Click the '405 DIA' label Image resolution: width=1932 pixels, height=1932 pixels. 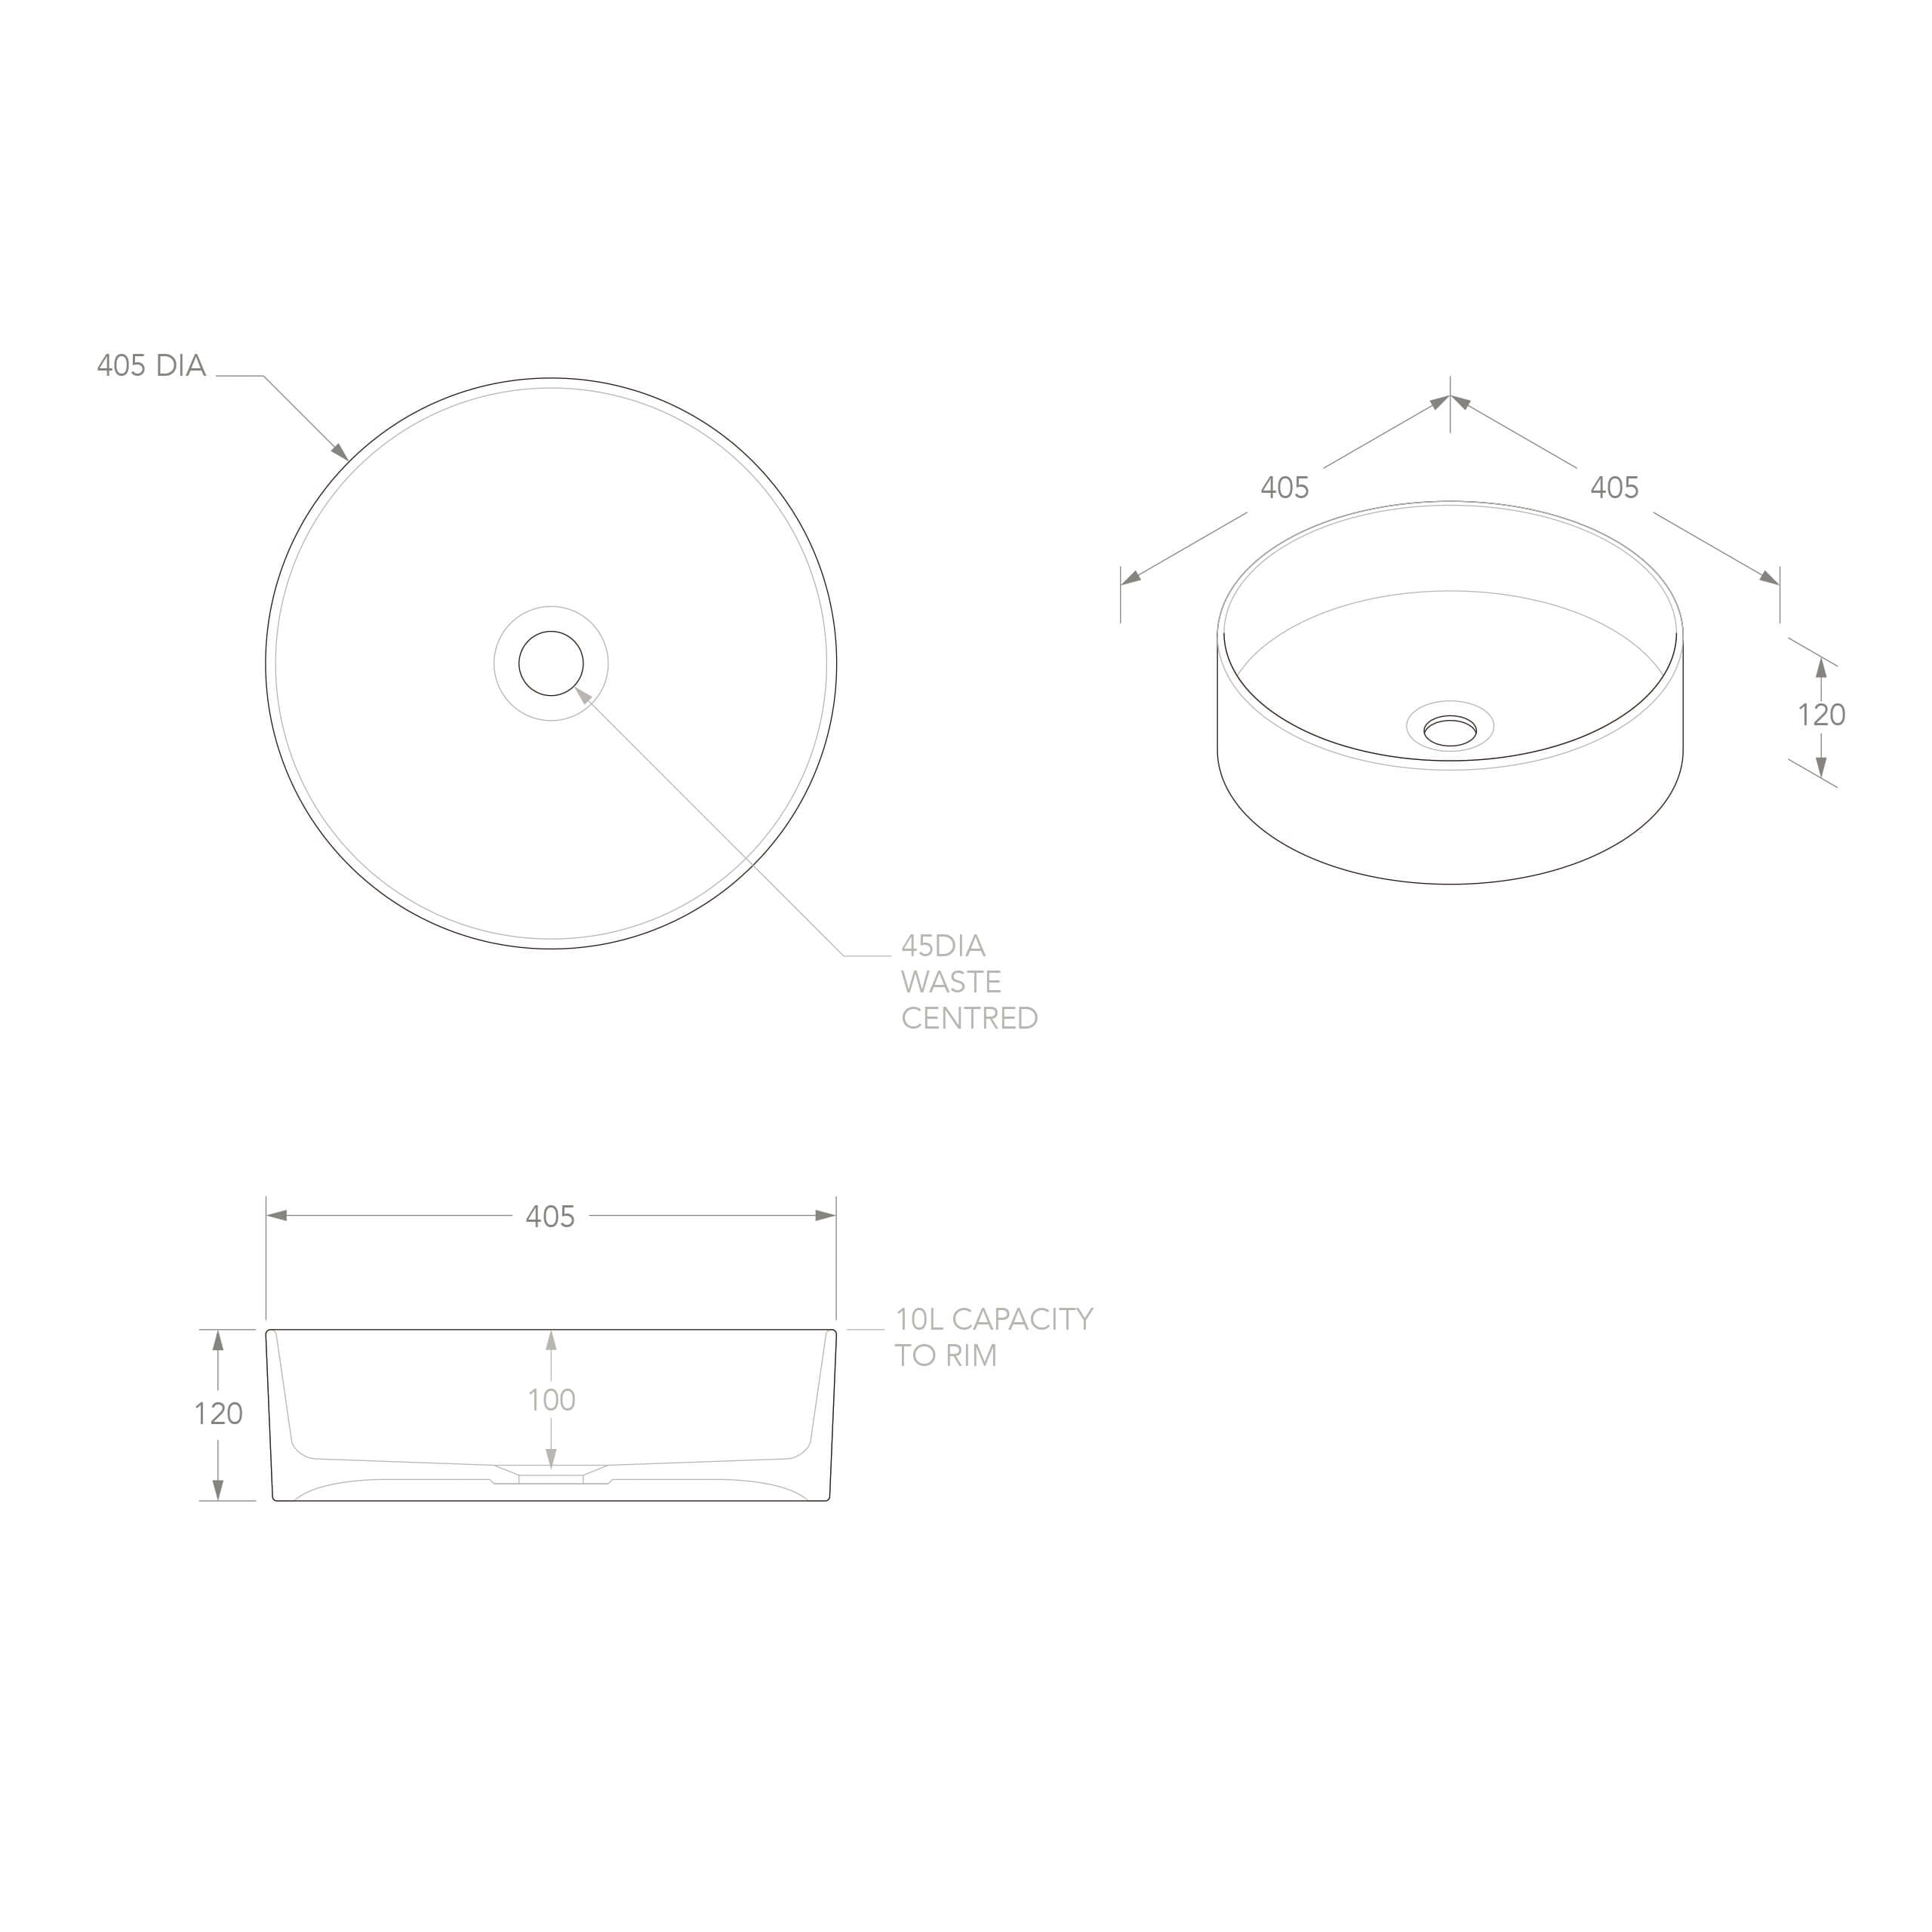tap(151, 366)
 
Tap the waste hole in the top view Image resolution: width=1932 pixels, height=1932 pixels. tap(551, 663)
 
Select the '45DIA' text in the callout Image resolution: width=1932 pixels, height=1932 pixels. tap(943, 946)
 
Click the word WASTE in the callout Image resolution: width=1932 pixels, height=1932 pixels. tap(951, 982)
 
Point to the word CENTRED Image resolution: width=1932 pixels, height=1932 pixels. tap(969, 1018)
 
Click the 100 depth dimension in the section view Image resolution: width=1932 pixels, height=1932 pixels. tap(551, 1400)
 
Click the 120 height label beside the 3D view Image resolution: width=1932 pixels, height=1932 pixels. tap(1821, 715)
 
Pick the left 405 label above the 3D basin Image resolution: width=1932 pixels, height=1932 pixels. tap(1284, 488)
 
